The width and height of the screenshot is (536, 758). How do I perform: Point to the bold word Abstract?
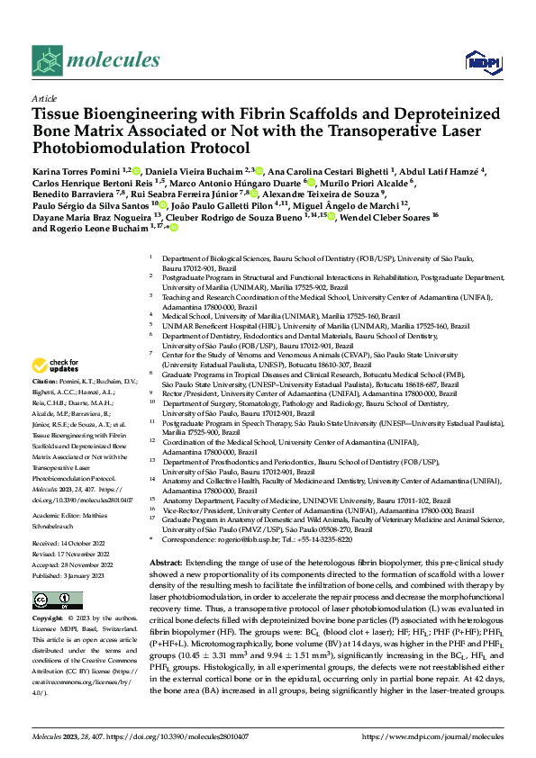[169, 560]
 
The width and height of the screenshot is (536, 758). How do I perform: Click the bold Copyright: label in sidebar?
[50, 621]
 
